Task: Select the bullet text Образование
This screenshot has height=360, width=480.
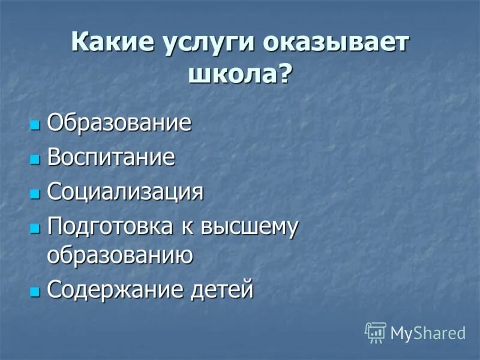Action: tap(119, 124)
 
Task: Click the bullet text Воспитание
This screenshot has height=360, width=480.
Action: tap(111, 158)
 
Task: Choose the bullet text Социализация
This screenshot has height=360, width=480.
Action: tap(125, 193)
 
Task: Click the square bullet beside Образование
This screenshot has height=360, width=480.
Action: tap(35, 125)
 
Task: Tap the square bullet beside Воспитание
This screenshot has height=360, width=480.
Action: tap(35, 160)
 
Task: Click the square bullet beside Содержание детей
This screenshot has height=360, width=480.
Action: tap(35, 292)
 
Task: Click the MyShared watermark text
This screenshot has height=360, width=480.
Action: tap(428, 333)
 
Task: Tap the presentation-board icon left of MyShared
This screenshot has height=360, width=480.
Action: tap(376, 332)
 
